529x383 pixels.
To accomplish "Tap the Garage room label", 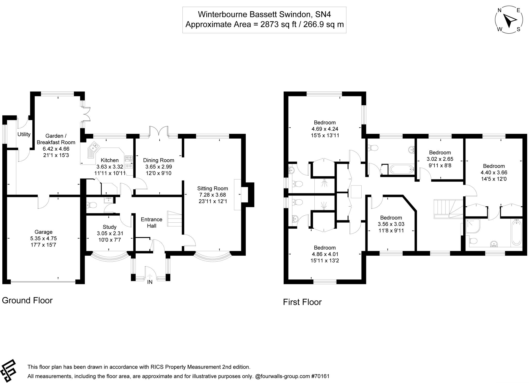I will pos(43,232).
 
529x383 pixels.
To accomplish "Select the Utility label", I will pos(24,134).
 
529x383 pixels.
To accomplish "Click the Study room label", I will pos(110,227).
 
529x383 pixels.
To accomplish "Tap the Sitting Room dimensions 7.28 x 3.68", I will pos(213,195).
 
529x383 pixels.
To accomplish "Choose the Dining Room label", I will pos(159,160).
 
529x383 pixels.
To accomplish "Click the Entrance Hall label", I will pos(151,223).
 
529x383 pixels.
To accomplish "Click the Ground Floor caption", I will pos(27,300).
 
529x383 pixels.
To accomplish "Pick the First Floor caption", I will pos(302,302).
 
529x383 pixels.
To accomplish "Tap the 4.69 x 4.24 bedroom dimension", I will pos(325,129).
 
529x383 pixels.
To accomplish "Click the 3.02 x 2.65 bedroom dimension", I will pos(440,159).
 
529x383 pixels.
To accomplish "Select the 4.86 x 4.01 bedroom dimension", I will pos(325,254).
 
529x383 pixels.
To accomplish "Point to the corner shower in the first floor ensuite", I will pos(473,226).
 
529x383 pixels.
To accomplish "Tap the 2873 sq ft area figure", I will pos(278,24).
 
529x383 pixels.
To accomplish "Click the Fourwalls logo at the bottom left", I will pos(8,371).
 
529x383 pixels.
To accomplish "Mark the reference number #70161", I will pos(320,376).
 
